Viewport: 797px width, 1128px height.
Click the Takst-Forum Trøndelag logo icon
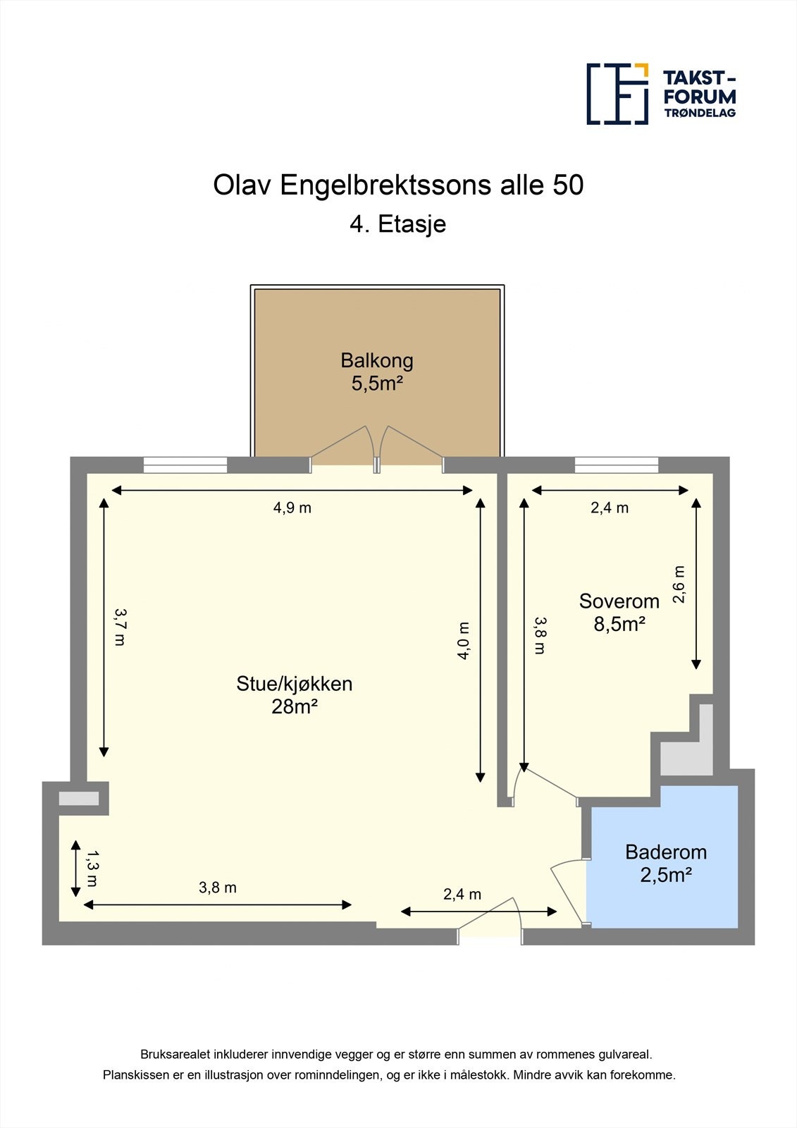click(617, 94)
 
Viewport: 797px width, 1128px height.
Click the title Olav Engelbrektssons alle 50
click(398, 185)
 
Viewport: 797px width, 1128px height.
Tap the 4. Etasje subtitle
click(398, 224)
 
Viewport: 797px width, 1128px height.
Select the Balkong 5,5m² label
click(377, 372)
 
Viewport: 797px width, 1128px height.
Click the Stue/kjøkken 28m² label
click(294, 694)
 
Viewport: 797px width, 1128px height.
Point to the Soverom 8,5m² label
click(619, 612)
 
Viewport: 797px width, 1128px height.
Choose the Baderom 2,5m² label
click(665, 863)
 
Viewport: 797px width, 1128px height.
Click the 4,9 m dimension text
click(292, 508)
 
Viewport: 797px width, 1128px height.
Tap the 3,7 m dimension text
click(120, 627)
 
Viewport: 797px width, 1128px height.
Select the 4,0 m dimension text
click(463, 640)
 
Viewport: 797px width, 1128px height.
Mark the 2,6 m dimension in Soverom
click(679, 584)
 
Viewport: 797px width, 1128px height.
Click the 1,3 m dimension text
click(92, 868)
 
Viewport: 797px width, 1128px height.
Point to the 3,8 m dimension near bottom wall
click(217, 888)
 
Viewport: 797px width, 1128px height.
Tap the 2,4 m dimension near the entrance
click(462, 894)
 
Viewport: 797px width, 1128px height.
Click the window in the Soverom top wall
click(616, 465)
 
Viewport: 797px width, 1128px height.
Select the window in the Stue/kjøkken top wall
click(185, 465)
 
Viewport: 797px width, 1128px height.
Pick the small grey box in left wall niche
click(78, 798)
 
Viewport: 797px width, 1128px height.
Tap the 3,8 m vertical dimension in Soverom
click(540, 635)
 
